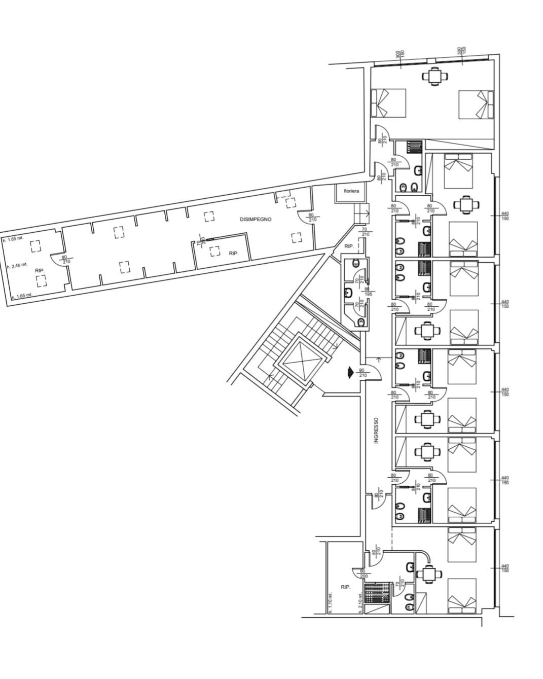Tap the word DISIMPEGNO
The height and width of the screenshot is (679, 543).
tap(256, 219)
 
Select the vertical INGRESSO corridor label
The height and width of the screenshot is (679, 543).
tap(376, 431)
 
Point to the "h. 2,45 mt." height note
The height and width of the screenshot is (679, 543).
tap(17, 265)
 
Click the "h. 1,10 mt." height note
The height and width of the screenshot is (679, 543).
tap(330, 602)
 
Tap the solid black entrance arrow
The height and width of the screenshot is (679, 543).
tap(349, 373)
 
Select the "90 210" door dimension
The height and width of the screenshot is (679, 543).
tap(363, 373)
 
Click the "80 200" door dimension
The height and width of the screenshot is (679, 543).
tap(363, 574)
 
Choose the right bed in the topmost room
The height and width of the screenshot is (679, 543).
tap(476, 105)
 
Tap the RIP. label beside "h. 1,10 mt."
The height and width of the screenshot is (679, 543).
tap(346, 587)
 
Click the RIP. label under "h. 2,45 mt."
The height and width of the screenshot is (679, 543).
tap(40, 271)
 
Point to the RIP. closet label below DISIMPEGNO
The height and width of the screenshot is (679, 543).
tap(233, 253)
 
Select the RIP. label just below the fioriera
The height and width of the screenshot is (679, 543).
tap(349, 246)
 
